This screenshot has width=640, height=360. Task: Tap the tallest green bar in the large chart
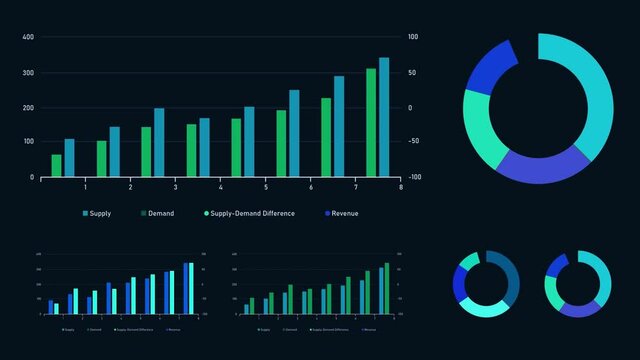(371, 122)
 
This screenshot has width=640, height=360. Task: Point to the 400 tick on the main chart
(28, 37)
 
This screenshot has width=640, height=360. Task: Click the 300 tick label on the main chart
(28, 73)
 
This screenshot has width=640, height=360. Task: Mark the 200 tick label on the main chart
(28, 108)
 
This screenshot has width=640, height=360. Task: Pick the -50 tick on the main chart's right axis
(414, 143)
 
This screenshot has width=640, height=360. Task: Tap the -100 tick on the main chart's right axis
(413, 178)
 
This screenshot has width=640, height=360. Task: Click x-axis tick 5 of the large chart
(265, 187)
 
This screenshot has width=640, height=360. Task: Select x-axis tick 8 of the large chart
(400, 187)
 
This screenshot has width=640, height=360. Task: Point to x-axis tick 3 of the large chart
(175, 187)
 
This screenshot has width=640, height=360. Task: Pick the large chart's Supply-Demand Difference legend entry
(250, 213)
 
